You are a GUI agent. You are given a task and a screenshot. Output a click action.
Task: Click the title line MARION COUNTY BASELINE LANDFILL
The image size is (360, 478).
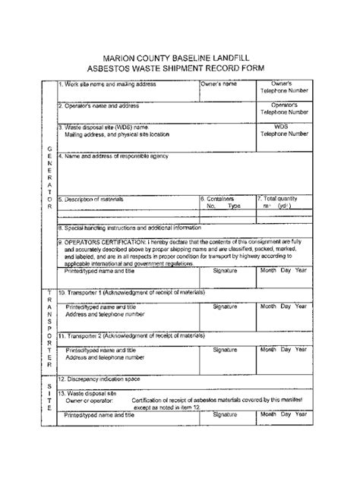[x=180, y=55]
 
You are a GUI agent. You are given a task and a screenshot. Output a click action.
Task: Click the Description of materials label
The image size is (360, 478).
[x=93, y=199]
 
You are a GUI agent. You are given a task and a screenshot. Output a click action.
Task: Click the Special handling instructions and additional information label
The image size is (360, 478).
[x=130, y=227]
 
